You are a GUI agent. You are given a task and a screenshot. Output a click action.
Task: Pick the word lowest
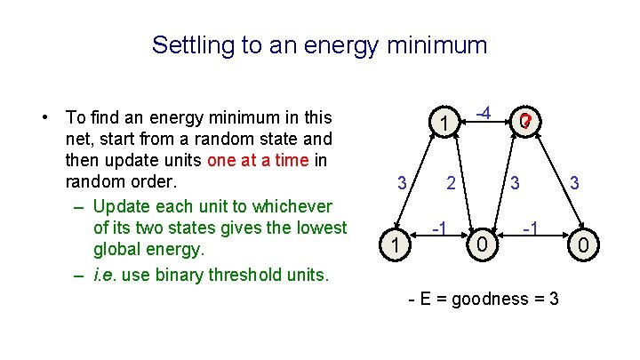[x=315, y=228]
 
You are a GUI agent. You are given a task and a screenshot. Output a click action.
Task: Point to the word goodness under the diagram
[x=491, y=299]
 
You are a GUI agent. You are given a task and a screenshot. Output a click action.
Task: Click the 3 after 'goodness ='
[x=554, y=299]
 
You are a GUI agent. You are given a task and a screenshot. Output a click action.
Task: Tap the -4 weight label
[x=484, y=113]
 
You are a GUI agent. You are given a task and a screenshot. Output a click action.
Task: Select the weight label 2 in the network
[x=452, y=184]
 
